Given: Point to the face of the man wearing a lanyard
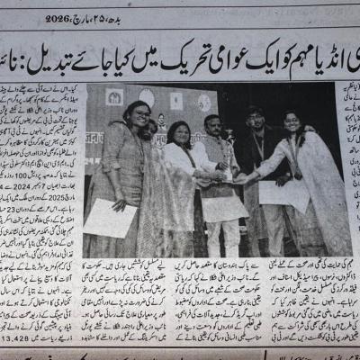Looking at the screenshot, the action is tap(256, 121).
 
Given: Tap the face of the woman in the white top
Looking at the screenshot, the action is tap(179, 134).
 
